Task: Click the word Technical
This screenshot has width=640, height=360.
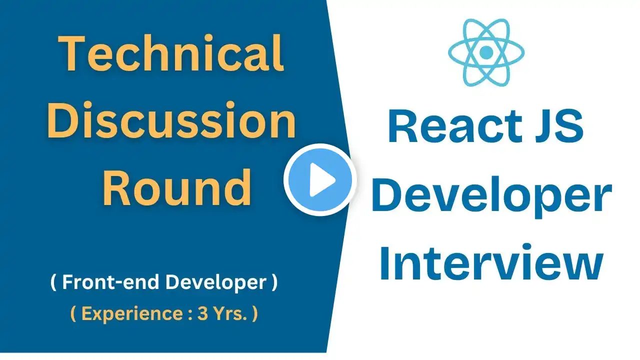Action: [x=171, y=53]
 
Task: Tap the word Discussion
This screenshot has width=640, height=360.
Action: [x=171, y=120]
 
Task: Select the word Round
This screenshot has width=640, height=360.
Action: [x=177, y=187]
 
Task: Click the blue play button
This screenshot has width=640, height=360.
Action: [x=320, y=179]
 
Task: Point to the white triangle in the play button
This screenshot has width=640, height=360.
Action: [x=321, y=179]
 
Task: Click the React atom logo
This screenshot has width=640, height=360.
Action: [x=486, y=52]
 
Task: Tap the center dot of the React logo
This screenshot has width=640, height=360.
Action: [x=486, y=52]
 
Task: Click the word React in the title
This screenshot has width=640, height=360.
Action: [x=455, y=126]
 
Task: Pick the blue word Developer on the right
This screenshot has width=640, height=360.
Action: [x=491, y=197]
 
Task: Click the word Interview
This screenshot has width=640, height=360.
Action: [x=491, y=262]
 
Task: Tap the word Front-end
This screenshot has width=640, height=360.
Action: [x=110, y=282]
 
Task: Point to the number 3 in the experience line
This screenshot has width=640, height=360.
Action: [x=202, y=313]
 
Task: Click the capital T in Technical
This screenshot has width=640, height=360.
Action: [x=71, y=53]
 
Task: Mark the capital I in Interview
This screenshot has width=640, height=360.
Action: [x=384, y=262]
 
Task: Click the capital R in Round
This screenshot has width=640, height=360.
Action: [x=117, y=187]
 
